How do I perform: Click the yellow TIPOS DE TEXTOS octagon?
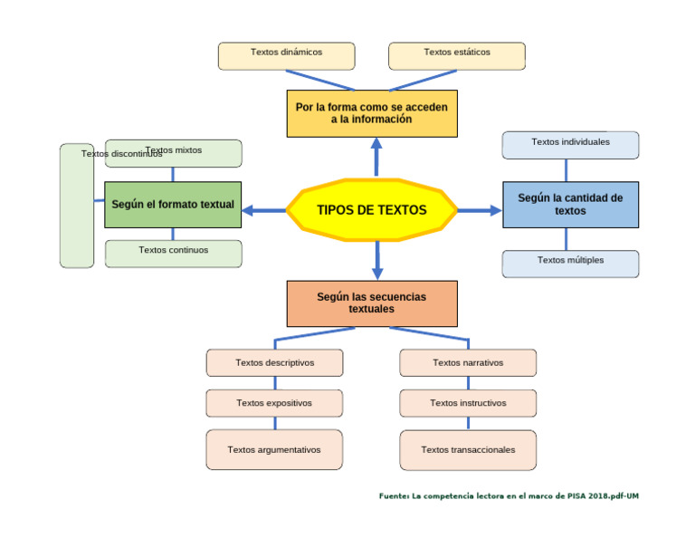372,210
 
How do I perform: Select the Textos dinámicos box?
286,55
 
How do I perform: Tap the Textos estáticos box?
456,55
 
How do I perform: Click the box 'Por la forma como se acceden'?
371,113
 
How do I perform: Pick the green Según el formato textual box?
173,205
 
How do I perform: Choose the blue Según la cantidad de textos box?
570,205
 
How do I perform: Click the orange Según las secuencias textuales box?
371,303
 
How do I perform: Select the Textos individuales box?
570,145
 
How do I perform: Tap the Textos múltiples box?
570,264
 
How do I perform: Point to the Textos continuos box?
173,254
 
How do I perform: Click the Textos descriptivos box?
274,363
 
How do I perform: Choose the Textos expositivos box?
274,403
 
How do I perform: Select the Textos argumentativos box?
274,450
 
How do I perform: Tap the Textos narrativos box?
468,363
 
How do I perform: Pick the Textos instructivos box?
468,403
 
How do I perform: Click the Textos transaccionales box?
468,450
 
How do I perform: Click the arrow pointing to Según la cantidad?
480,210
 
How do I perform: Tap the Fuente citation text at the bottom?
509,496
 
